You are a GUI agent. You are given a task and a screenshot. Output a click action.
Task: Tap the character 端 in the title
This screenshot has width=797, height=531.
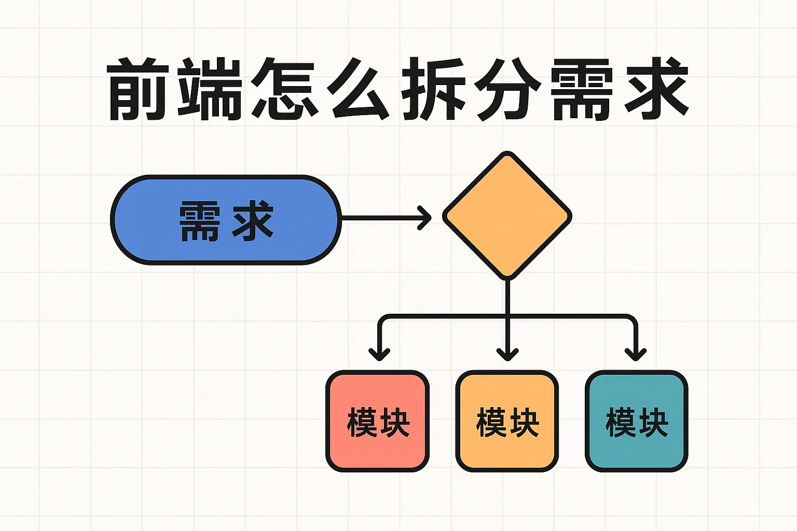210,89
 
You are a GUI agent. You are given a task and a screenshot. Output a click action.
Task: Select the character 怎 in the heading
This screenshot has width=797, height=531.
284,89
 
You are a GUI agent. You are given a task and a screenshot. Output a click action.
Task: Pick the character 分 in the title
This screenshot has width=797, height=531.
507,89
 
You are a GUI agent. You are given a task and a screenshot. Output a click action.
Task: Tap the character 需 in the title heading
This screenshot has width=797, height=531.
581,89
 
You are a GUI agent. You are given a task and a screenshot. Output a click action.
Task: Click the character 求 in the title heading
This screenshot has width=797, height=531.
656,89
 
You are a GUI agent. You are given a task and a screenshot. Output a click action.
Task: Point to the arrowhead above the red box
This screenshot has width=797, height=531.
379,355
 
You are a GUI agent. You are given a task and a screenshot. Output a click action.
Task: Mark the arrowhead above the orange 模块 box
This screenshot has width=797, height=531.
507,355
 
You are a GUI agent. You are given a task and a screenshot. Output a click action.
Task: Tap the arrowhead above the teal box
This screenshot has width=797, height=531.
636,355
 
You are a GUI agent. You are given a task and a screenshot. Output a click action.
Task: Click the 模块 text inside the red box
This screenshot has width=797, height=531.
378,423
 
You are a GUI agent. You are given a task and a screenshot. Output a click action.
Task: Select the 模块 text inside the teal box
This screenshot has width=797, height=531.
637,423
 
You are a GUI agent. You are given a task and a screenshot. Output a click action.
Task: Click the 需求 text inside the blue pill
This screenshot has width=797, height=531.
226,221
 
